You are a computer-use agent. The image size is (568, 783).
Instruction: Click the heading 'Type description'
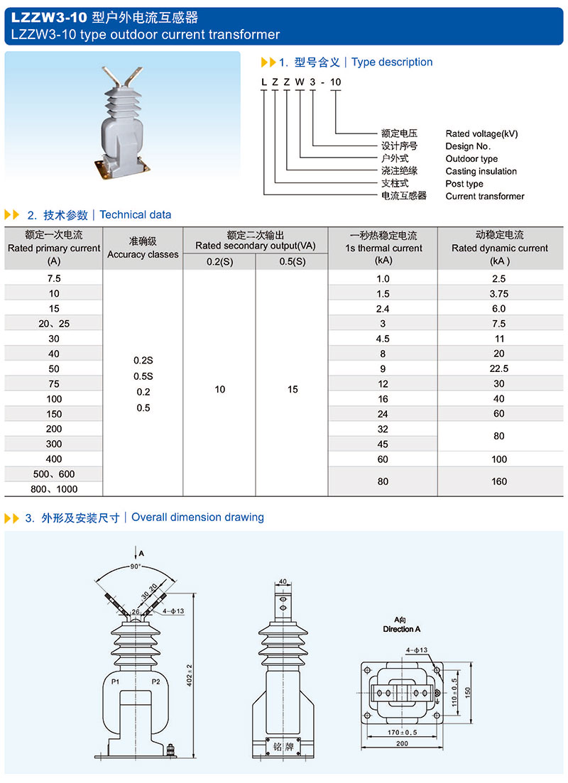click(x=392, y=62)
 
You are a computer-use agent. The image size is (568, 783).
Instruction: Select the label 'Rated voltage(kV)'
click(x=481, y=133)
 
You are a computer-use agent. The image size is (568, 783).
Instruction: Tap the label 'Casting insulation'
click(x=481, y=171)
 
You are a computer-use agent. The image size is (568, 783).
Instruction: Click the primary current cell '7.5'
click(x=54, y=279)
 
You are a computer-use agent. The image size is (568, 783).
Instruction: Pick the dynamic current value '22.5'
click(x=499, y=369)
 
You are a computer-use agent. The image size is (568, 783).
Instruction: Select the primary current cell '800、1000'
click(x=54, y=489)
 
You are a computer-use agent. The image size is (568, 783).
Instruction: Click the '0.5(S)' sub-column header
click(x=292, y=261)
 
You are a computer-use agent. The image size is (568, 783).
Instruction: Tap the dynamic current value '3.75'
click(x=499, y=294)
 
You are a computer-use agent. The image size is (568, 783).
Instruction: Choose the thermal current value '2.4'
click(x=383, y=309)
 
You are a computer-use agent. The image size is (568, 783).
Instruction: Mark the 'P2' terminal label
click(x=156, y=682)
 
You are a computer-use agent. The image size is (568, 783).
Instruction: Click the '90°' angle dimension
click(x=135, y=566)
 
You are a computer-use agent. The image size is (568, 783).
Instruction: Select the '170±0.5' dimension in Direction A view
click(x=402, y=730)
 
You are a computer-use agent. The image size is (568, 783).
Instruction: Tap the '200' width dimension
click(x=402, y=743)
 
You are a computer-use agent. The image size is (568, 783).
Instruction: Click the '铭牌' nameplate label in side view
click(x=283, y=747)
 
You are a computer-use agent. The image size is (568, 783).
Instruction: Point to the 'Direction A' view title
click(x=402, y=629)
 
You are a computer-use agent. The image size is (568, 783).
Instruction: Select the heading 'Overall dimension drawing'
click(x=197, y=518)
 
